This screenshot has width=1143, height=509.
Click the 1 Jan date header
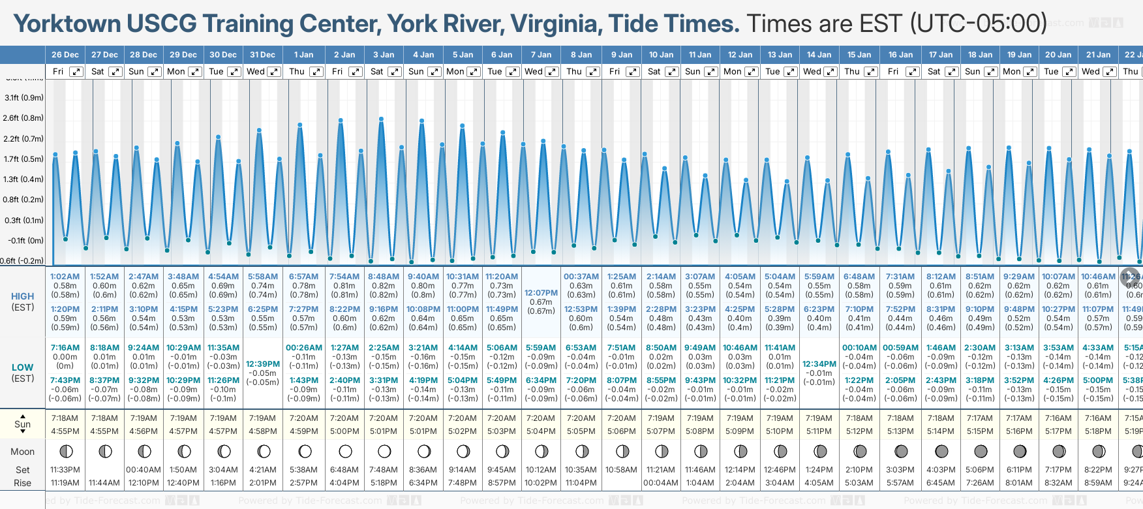tap(303, 55)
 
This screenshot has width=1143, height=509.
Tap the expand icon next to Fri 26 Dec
tap(76, 72)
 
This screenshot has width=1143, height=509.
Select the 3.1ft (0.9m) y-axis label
tap(24, 98)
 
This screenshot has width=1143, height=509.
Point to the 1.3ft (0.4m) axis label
tap(24, 179)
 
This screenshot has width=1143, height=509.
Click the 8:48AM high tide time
tap(384, 277)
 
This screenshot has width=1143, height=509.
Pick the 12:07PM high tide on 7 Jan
tap(541, 293)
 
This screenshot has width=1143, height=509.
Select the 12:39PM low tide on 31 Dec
tap(263, 364)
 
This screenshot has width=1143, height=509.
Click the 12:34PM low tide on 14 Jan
tap(819, 364)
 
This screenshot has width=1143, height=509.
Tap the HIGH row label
tap(23, 296)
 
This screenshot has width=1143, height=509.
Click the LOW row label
tap(23, 367)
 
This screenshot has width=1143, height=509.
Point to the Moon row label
tap(23, 452)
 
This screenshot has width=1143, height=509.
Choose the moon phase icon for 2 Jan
tap(345, 452)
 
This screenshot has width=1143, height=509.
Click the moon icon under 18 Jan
tap(981, 452)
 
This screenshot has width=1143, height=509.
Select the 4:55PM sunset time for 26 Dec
tap(65, 431)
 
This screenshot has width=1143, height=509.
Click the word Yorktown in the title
tap(67, 23)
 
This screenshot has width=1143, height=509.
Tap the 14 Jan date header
tap(819, 55)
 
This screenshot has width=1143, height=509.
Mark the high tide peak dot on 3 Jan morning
tap(381, 119)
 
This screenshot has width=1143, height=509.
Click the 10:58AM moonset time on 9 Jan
tap(621, 470)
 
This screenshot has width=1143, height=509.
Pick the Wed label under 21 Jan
tap(1090, 72)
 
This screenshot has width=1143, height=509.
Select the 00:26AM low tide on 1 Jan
tap(304, 348)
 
